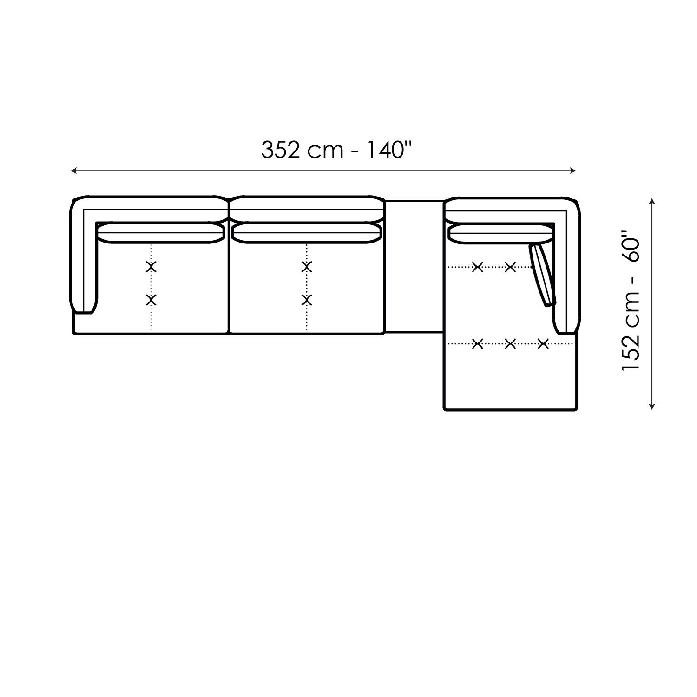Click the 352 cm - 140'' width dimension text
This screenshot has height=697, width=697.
click(337, 150)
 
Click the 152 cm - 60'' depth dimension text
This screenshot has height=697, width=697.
click(631, 304)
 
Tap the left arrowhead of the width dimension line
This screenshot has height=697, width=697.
click(73, 171)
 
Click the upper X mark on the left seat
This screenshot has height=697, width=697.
click(151, 267)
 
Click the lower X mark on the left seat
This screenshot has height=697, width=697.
click(151, 300)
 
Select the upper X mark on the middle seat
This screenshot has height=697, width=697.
click(306, 267)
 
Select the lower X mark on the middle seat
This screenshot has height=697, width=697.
click(306, 300)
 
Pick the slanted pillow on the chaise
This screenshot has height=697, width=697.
click(543, 275)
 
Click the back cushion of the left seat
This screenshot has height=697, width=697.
click(160, 233)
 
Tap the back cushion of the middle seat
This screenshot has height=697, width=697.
click(307, 233)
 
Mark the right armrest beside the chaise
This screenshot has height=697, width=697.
click(567, 279)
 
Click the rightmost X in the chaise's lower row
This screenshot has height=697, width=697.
click(543, 344)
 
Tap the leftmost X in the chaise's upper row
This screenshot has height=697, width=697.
click(477, 267)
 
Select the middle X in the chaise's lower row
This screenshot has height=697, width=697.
click(510, 344)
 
